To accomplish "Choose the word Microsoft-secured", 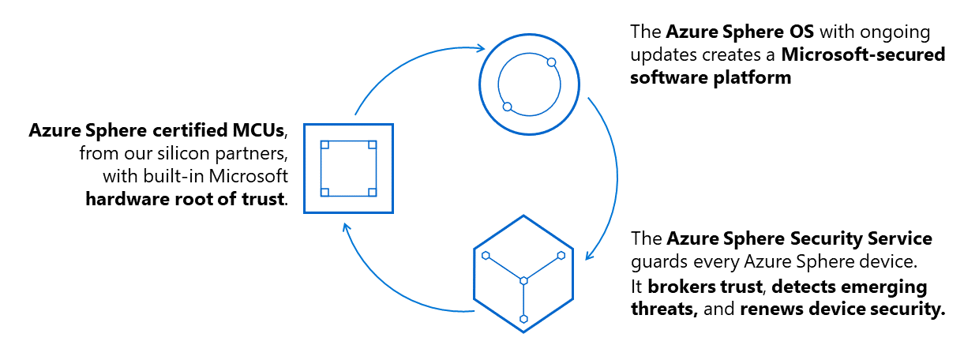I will tap(865, 56).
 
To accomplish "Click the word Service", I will tap(895, 238).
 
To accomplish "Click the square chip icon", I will tap(348, 168).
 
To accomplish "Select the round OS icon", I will tap(529, 84).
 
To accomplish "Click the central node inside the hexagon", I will tap(523, 279).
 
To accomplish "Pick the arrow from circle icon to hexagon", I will tap(612, 174).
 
